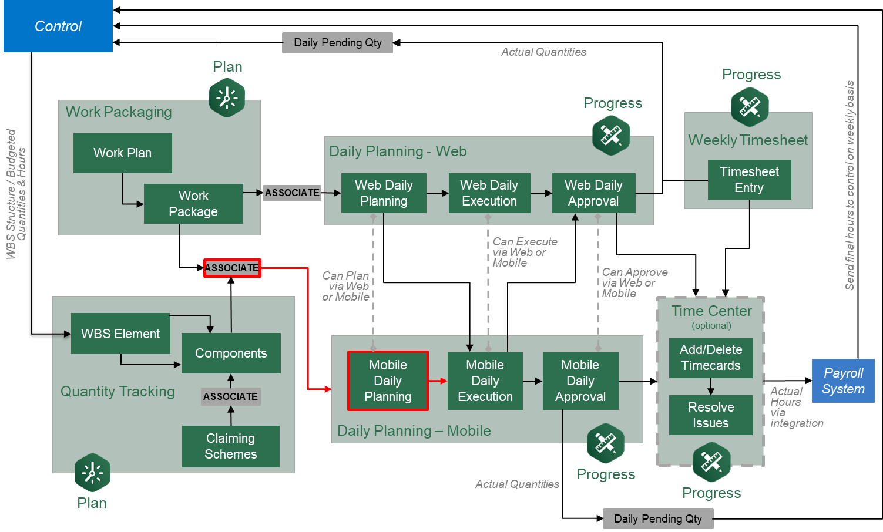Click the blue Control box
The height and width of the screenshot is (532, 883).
(x=58, y=26)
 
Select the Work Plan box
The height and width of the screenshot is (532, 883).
(x=122, y=153)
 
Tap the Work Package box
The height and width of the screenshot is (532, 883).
(x=193, y=204)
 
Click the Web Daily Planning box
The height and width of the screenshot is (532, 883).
(x=384, y=193)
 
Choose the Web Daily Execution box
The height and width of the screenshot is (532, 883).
(x=489, y=193)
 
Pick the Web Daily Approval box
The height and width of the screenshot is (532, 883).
(x=593, y=193)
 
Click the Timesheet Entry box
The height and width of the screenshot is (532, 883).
(x=749, y=180)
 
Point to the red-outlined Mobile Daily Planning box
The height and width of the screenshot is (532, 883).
(x=388, y=381)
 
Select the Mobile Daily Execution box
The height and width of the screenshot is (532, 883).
(x=485, y=381)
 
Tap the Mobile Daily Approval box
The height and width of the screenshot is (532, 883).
(x=580, y=381)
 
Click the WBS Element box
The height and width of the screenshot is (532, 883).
(x=120, y=334)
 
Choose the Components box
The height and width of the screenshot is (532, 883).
(x=231, y=353)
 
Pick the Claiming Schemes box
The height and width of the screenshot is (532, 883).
(x=230, y=446)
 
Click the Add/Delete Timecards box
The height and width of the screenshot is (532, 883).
(x=710, y=358)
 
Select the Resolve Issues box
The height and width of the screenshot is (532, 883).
(x=710, y=415)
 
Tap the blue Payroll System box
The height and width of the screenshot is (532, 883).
(x=843, y=381)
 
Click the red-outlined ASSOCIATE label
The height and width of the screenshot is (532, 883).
(x=232, y=268)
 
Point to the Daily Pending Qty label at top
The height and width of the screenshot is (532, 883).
(x=337, y=43)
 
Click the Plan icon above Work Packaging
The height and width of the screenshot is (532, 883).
(x=227, y=97)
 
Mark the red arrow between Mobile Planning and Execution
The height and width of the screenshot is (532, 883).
(x=438, y=381)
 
